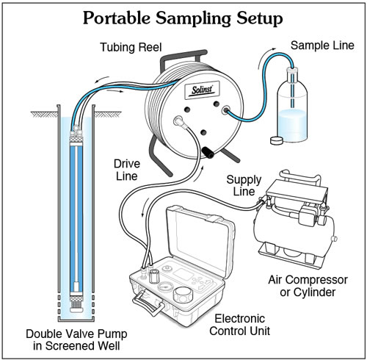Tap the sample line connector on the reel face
tap(227, 113)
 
